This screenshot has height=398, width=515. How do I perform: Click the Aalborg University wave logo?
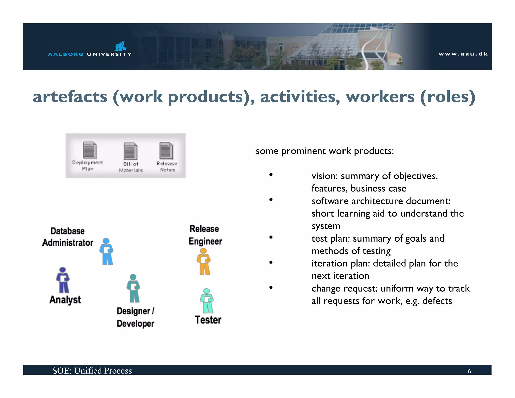coord(120,46)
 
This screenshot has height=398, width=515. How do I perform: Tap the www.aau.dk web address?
coord(463,54)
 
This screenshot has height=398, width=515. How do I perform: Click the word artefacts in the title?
coord(70,97)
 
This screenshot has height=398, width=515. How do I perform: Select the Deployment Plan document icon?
coord(90,150)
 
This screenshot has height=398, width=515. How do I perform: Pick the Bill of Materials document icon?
coord(131,151)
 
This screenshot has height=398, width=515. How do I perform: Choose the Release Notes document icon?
coord(166,151)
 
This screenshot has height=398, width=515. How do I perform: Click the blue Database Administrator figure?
coord(107,251)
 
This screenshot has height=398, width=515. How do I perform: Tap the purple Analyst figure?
coord(63,280)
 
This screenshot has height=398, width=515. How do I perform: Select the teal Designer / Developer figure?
coord(133,288)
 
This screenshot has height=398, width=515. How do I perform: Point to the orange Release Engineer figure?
coord(204,261)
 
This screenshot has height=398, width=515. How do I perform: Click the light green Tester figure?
coord(207,301)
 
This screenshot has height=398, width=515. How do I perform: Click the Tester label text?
coord(208,320)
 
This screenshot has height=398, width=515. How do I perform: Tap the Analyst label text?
coord(65,300)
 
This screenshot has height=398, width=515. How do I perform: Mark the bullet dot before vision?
coord(271,175)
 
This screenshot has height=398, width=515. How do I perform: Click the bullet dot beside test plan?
coord(271,237)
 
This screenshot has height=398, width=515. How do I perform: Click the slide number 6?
coord(469,371)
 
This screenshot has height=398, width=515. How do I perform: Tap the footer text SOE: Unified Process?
coord(92,371)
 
